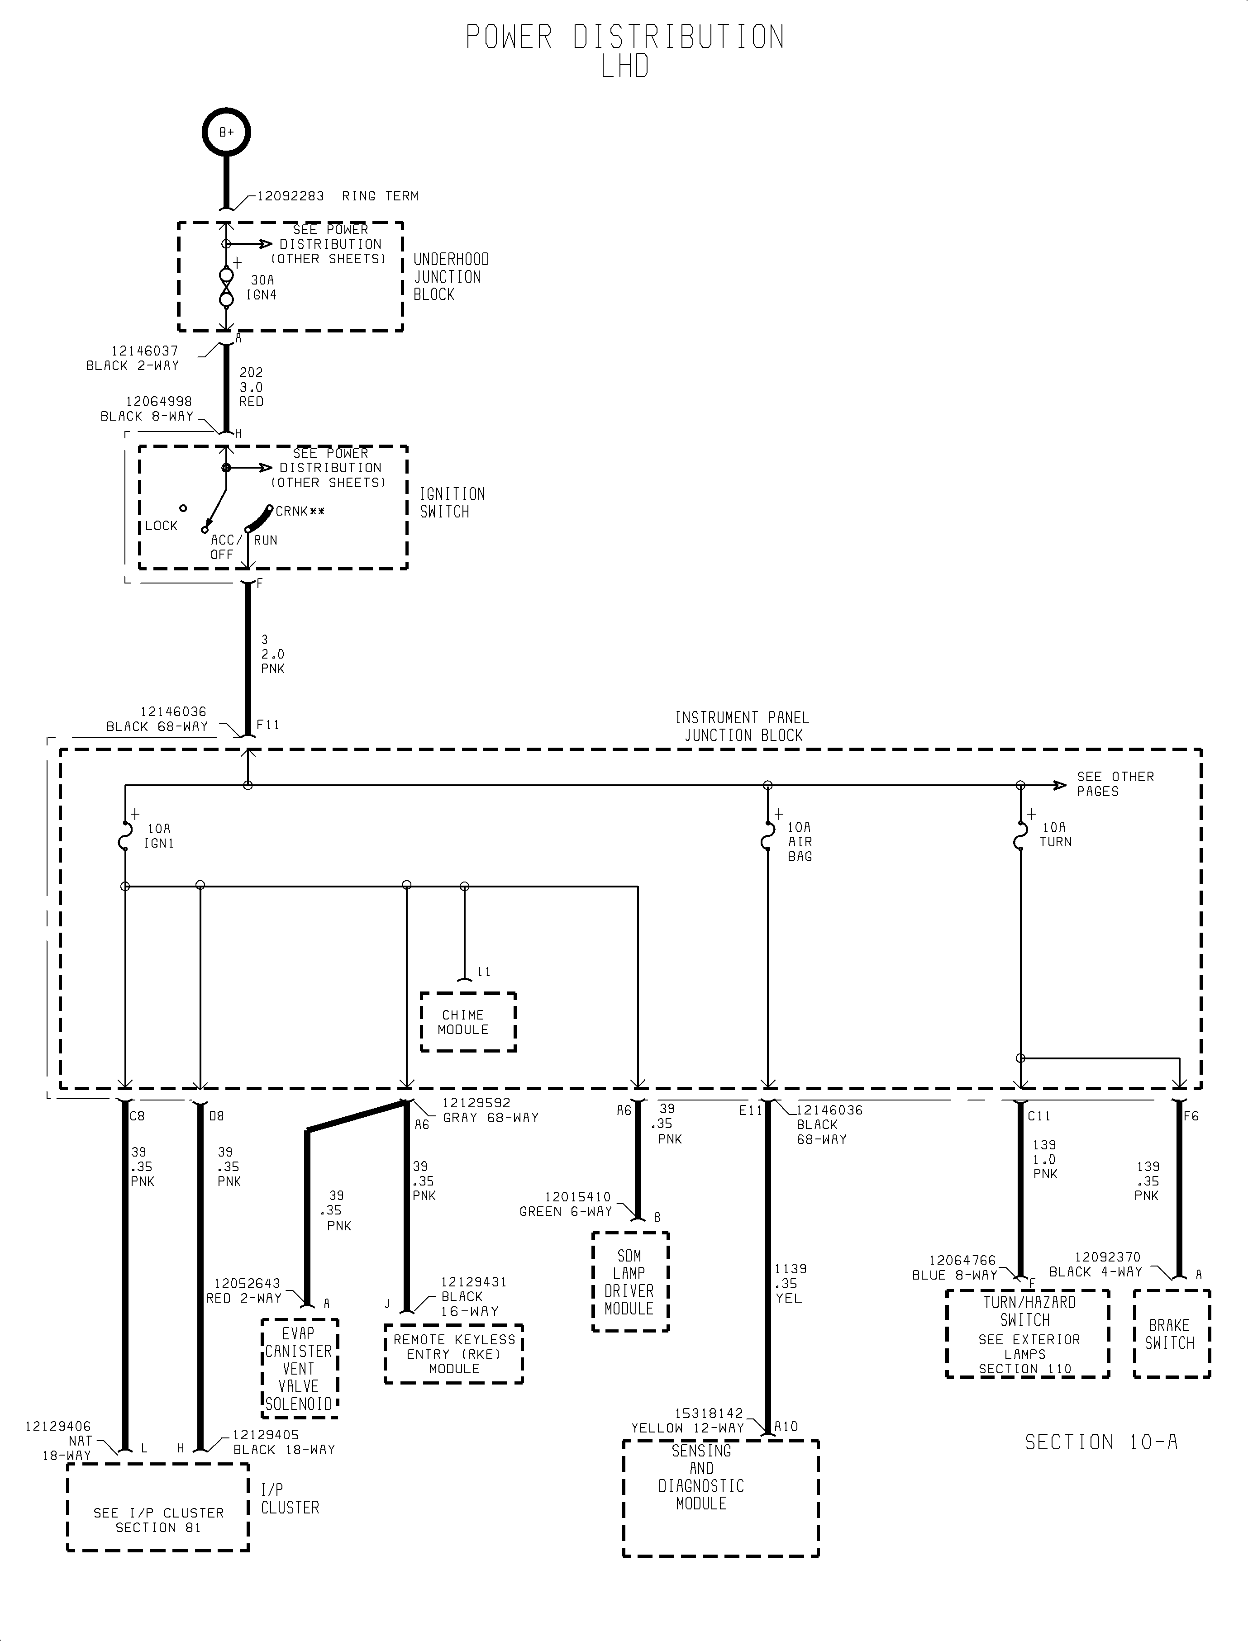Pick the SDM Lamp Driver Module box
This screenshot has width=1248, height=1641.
tap(630, 1281)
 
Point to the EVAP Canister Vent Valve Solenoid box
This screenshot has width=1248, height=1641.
tap(300, 1369)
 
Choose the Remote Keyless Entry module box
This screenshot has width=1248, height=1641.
tap(454, 1354)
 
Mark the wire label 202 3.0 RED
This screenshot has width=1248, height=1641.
tap(251, 387)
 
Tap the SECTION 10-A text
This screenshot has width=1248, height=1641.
tap(1101, 1442)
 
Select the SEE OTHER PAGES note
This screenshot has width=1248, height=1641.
tap(1114, 783)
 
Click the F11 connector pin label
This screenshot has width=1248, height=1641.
tap(267, 725)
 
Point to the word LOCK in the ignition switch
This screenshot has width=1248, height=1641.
tap(161, 526)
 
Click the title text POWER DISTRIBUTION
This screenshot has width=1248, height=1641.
tap(624, 37)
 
